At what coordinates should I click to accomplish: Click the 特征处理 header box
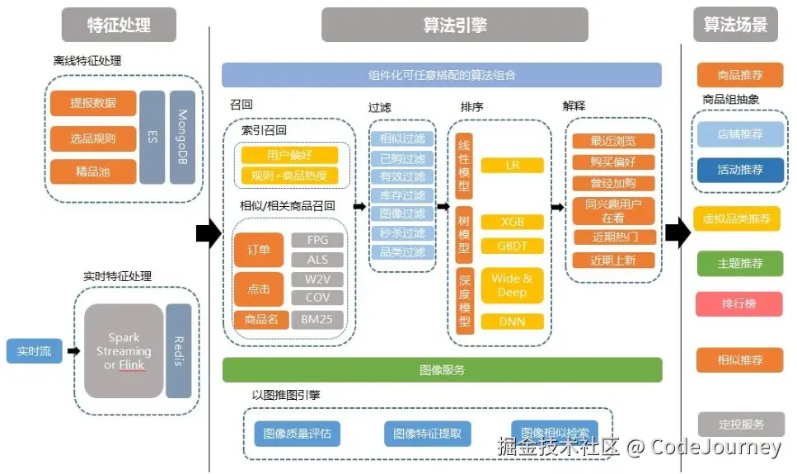pos(119,25)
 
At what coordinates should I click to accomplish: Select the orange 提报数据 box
pos(92,103)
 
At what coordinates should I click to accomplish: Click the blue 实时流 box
pos(34,350)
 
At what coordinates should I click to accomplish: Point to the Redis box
pos(179,351)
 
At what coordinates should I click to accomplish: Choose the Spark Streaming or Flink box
pos(124,351)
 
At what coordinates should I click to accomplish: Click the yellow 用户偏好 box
pos(289,155)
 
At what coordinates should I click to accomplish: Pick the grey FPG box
pos(317,241)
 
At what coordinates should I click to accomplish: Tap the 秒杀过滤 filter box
pos(402,233)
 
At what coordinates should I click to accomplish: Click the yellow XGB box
pos(512,222)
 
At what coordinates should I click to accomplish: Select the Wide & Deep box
pos(512,285)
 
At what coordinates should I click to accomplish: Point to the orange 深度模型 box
pos(463,299)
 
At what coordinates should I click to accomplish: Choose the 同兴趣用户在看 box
pos(612,211)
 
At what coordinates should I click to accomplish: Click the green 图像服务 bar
pos(442,370)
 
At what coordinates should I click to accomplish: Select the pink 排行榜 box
pos(738,304)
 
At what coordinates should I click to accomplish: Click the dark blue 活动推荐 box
pos(740,170)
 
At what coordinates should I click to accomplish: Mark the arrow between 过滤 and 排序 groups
pos(443,207)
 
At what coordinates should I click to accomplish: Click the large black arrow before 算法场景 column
pos(677,233)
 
